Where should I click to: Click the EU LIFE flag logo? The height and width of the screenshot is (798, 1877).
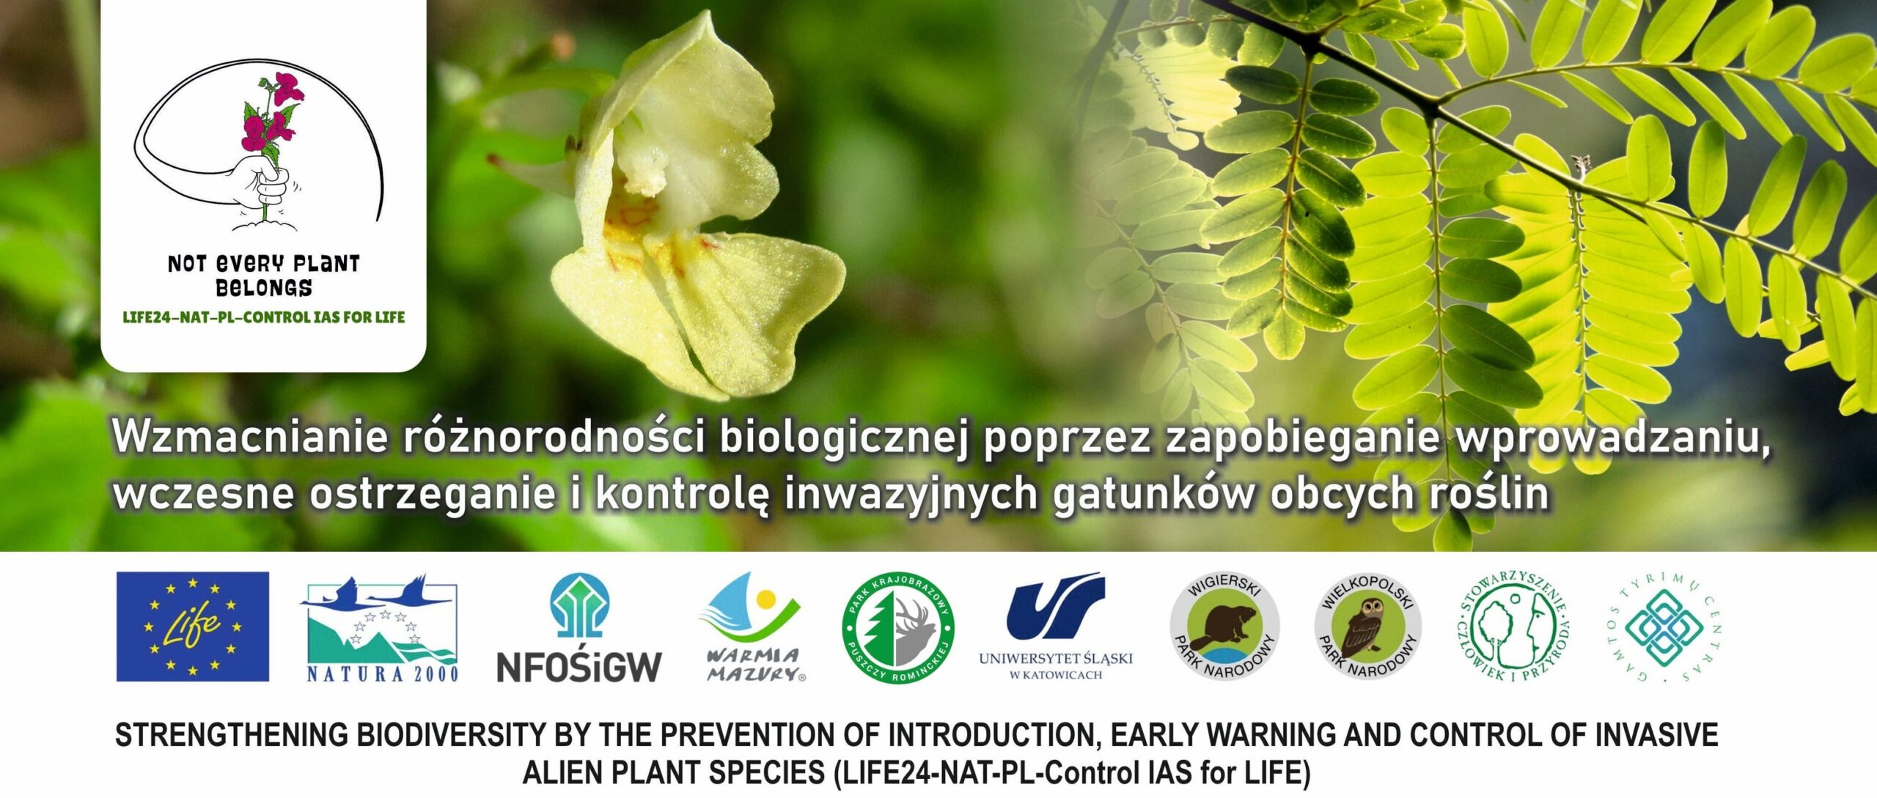(x=192, y=627)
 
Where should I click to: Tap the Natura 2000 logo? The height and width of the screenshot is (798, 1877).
(x=380, y=629)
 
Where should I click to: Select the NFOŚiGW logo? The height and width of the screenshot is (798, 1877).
(x=579, y=628)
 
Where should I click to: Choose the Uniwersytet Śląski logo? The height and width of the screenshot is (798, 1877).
(x=1056, y=627)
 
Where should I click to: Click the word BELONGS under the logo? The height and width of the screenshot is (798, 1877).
(x=264, y=288)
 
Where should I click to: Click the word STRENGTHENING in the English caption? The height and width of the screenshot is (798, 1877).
(x=232, y=735)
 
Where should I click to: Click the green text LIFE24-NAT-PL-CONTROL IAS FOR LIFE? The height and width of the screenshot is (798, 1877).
(x=264, y=318)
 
